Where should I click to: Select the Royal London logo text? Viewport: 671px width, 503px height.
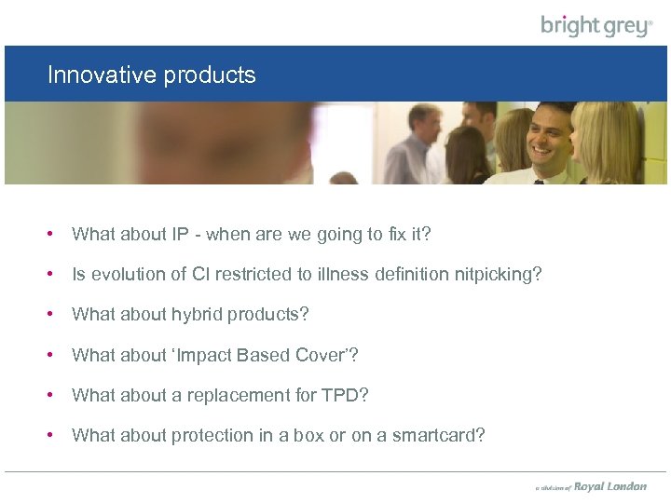[609, 486]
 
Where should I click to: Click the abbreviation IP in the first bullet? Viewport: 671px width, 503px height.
[181, 235]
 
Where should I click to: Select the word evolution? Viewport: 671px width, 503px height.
[124, 275]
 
